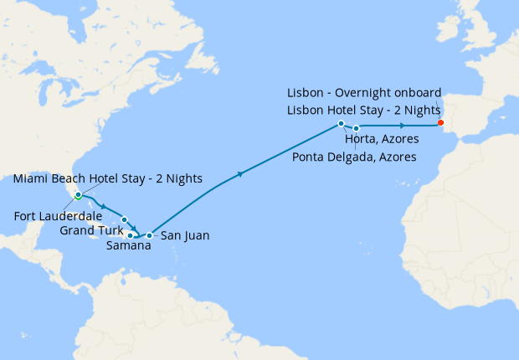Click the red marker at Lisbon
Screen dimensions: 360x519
pyautogui.click(x=440, y=123)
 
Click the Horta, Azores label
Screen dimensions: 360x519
pyautogui.click(x=382, y=140)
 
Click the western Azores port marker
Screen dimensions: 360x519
pyautogui.click(x=342, y=124)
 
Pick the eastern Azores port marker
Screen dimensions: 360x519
pyautogui.click(x=357, y=128)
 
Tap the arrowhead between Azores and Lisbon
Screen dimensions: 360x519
pyautogui.click(x=403, y=125)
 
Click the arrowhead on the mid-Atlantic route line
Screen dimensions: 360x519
pyautogui.click(x=241, y=174)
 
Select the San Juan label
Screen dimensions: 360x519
pyautogui.click(x=184, y=236)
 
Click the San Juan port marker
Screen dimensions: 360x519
pyautogui.click(x=149, y=235)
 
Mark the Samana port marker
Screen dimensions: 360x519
pyautogui.click(x=131, y=235)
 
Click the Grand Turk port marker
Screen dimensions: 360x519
pyautogui.click(x=124, y=219)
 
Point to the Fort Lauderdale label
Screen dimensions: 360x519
pyautogui.click(x=58, y=216)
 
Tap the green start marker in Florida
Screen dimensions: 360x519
pyautogui.click(x=78, y=197)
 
